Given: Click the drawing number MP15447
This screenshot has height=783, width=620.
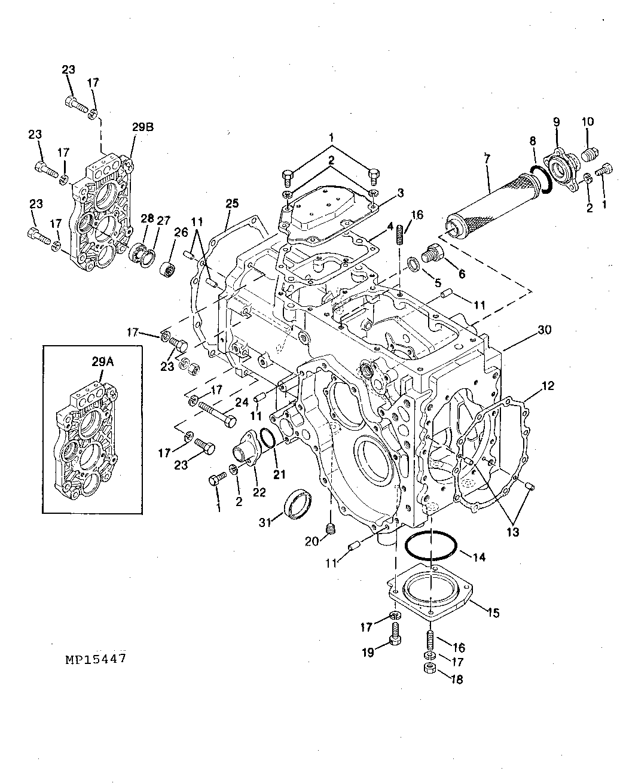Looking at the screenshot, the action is (96, 659).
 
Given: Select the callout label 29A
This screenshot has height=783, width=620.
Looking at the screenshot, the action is (103, 362).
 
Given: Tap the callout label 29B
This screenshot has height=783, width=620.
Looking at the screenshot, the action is (143, 127).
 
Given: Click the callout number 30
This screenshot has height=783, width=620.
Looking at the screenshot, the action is (544, 330).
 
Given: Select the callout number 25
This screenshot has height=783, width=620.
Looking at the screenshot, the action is (232, 203).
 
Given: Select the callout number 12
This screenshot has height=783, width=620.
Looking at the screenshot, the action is (548, 385).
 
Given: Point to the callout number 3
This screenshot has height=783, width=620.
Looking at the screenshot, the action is (401, 193).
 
